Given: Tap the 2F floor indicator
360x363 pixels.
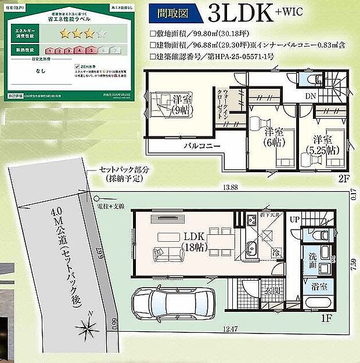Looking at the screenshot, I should coord(344,180).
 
